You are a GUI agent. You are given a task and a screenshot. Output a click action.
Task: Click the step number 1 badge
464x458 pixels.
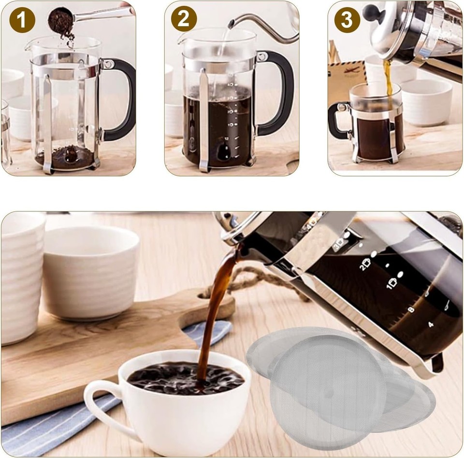click(22, 20)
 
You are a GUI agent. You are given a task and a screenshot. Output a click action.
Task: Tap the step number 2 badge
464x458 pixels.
click(184, 19)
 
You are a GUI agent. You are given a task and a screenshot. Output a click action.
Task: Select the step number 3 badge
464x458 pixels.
click(347, 20)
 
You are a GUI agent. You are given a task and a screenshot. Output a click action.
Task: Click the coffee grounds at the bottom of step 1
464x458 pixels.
click(65, 157)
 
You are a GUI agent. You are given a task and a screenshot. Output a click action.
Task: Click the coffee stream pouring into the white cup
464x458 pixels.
click(213, 314)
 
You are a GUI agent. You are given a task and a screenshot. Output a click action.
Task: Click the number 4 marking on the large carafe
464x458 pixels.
click(431, 325)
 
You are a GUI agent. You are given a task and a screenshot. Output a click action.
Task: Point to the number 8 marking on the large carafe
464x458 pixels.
click(411, 309)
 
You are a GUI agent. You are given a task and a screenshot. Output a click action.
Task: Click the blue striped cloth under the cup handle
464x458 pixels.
click(43, 430)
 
